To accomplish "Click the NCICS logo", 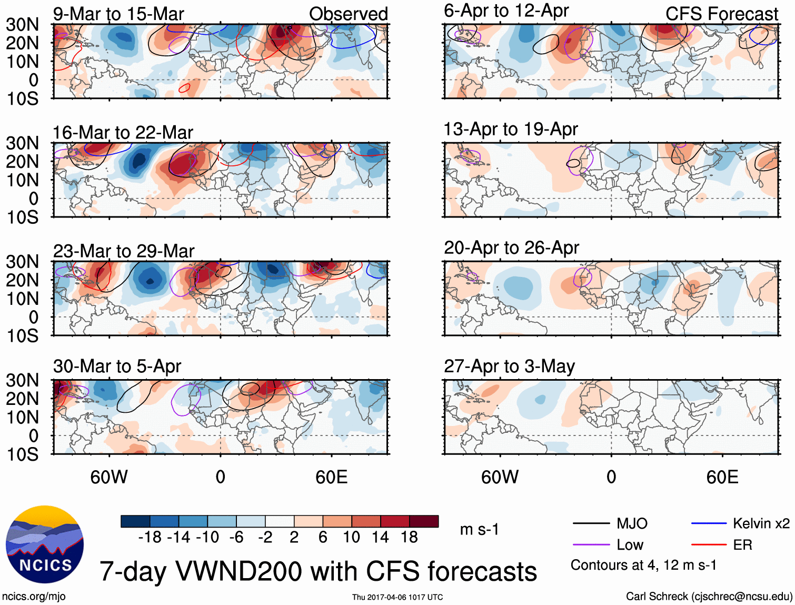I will [x=44, y=544].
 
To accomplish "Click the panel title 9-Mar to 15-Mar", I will [x=118, y=14].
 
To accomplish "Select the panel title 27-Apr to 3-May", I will [x=509, y=366].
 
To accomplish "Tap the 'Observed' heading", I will [x=348, y=14].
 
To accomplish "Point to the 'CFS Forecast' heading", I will [x=721, y=14].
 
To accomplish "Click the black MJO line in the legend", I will [x=591, y=523].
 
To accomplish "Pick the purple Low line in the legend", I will [x=591, y=545].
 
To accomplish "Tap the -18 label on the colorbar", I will [x=150, y=537].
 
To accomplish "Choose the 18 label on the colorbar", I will [x=409, y=537].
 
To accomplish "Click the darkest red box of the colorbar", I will [x=424, y=521].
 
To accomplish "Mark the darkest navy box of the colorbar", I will [x=135, y=521].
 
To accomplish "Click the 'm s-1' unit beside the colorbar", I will [x=479, y=529].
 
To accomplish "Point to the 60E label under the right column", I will [x=722, y=477].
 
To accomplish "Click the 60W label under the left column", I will [x=109, y=477].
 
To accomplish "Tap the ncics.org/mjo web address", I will [x=34, y=597].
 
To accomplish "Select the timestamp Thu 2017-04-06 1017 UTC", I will [x=397, y=597].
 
